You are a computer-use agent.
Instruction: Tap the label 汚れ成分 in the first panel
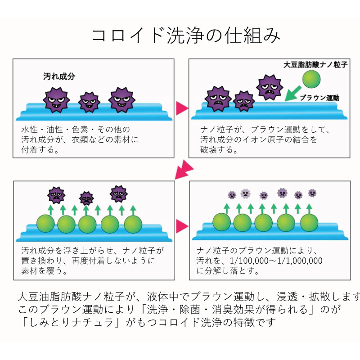(59, 76)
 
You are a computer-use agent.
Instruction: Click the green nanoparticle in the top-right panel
(311, 80)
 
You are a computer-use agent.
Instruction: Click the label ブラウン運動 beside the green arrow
(319, 97)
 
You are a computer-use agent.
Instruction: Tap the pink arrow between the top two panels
(181, 108)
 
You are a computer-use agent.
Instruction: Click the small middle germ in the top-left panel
(89, 102)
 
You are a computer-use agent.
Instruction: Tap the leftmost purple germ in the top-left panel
(56, 99)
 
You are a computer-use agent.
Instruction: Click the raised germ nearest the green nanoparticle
(270, 86)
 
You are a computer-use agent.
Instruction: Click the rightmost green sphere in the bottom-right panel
(309, 222)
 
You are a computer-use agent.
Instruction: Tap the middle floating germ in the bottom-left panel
(86, 198)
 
